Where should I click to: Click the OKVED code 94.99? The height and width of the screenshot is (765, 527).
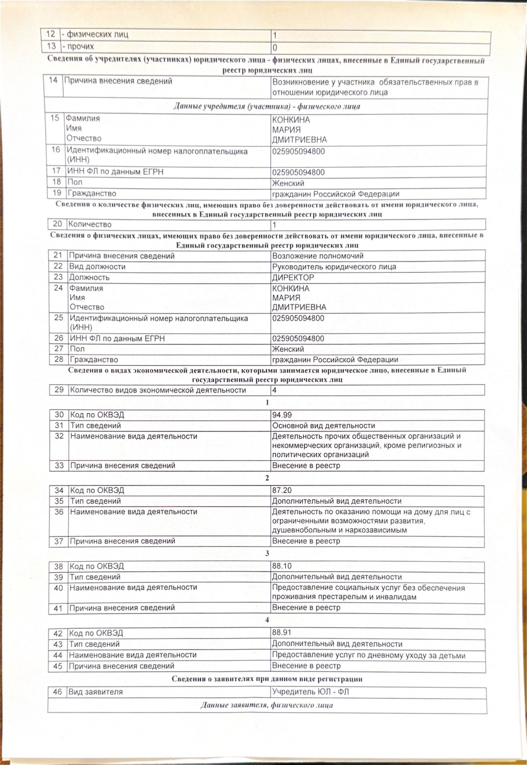click(282, 415)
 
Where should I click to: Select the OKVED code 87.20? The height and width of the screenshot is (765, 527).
click(282, 491)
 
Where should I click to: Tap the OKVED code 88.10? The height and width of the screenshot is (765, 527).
click(282, 566)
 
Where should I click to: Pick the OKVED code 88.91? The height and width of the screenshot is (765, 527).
click(282, 633)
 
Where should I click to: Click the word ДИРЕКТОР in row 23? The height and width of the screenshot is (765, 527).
click(293, 277)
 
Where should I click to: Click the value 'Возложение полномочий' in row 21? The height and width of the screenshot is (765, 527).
click(318, 256)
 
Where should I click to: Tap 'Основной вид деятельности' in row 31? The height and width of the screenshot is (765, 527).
click(323, 426)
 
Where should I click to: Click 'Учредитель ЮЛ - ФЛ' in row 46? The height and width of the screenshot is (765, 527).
click(311, 692)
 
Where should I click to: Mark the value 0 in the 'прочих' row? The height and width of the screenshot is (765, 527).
click(275, 47)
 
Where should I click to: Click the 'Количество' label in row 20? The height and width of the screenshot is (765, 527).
click(90, 224)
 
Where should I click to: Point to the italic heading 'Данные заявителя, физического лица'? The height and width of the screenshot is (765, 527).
click(267, 705)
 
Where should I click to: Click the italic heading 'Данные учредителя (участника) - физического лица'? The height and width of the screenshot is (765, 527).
click(267, 107)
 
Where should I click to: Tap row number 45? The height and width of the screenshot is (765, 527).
click(58, 666)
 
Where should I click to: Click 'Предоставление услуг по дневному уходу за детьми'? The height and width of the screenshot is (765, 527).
click(368, 656)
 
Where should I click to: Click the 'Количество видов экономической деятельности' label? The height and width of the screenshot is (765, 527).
click(158, 391)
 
